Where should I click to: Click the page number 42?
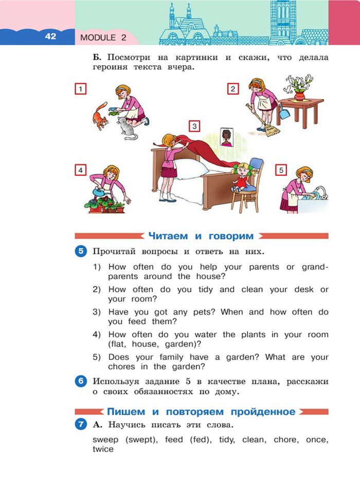tap(50, 36)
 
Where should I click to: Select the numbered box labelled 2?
tap(232, 89)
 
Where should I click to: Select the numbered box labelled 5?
tap(280, 170)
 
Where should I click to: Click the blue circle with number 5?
tap(81, 251)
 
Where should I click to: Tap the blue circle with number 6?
tap(81, 381)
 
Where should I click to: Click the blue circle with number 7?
tap(81, 425)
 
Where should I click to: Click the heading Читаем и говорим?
tap(201, 236)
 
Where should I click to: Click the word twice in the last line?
tap(103, 449)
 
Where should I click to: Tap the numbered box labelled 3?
tap(193, 126)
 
